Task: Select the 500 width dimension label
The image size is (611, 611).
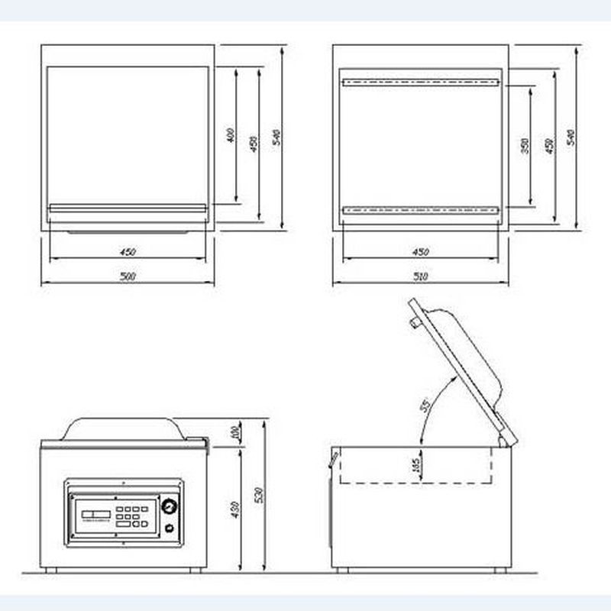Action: tap(128, 276)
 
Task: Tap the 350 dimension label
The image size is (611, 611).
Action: tap(525, 146)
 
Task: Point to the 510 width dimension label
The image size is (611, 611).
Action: tap(420, 277)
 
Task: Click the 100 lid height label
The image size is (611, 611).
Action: tap(234, 433)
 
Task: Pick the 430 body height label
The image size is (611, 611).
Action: tap(234, 508)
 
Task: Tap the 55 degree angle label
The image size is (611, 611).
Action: tap(425, 406)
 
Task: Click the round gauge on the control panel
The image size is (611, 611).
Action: tap(169, 506)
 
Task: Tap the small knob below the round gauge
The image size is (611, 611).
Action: tap(169, 528)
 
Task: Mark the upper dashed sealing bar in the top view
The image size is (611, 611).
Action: tap(420, 82)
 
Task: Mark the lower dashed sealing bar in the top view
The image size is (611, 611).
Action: tap(420, 210)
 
